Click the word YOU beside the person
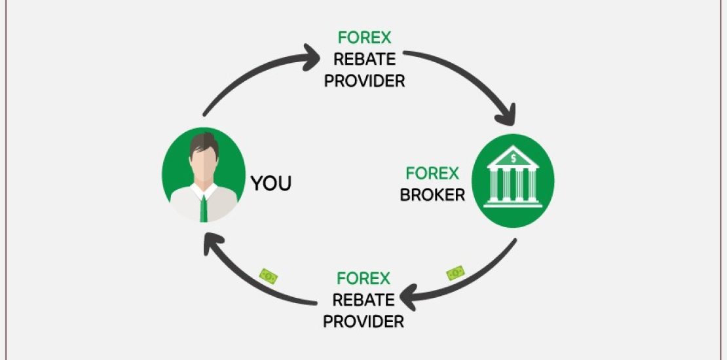(x=271, y=183)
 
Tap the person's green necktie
(x=204, y=207)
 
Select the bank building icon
(x=513, y=179)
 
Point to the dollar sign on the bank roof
(x=513, y=157)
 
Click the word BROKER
(x=432, y=195)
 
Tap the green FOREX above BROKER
(x=432, y=173)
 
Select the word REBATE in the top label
(x=365, y=59)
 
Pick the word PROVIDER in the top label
(x=365, y=81)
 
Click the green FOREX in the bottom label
(x=364, y=278)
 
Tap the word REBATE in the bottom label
(x=364, y=300)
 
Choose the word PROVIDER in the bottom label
(x=363, y=321)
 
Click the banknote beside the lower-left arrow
(x=268, y=276)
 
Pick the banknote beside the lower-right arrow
(x=455, y=272)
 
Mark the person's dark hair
(x=203, y=143)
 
